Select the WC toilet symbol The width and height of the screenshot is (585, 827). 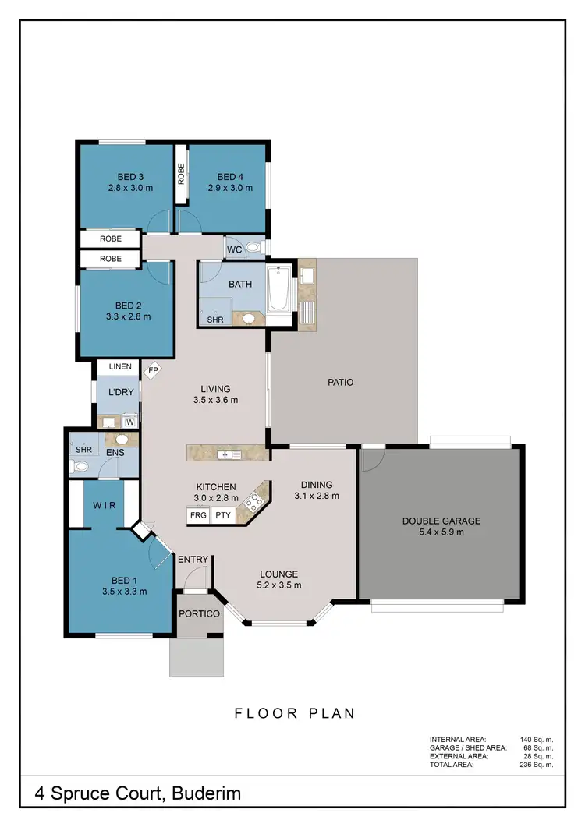253,248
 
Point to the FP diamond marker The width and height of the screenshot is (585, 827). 154,371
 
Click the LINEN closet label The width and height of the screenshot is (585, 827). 119,366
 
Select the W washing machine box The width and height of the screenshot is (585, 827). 130,422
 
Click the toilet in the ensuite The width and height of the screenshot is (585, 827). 78,468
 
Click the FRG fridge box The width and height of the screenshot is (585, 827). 198,515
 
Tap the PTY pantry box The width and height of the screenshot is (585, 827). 224,515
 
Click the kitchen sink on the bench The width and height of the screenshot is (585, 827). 227,453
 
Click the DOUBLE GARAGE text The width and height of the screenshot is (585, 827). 441,521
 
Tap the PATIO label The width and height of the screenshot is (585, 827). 341,383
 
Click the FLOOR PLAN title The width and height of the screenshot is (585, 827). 295,712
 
